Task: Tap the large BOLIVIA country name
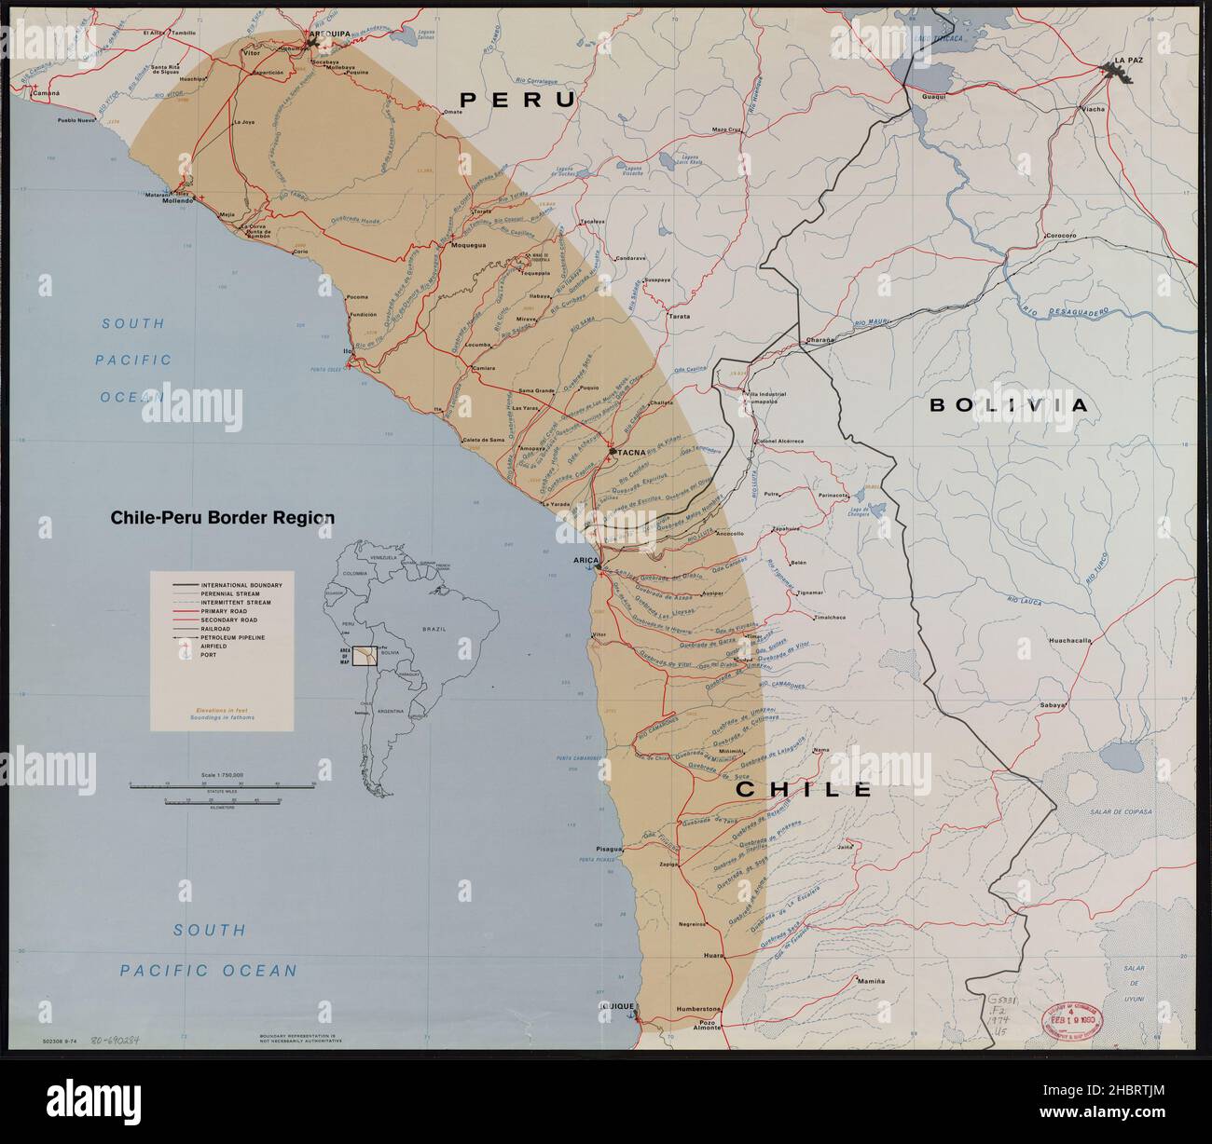click(x=1008, y=404)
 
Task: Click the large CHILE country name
click(x=804, y=789)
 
